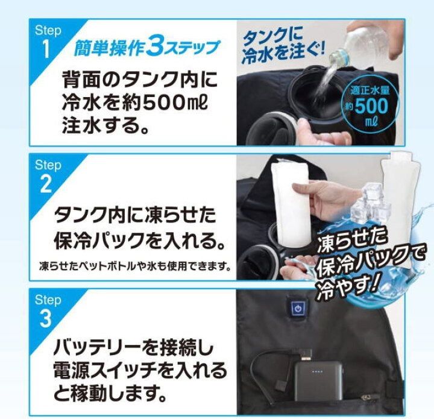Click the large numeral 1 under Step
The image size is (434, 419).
point(46,49)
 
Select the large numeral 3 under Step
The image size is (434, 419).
point(46,318)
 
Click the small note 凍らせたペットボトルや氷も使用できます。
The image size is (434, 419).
point(135,267)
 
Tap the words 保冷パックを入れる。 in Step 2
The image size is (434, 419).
point(139,240)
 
